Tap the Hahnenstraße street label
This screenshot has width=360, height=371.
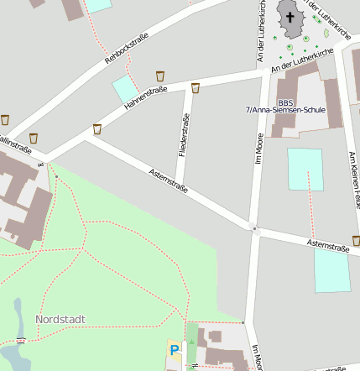(x=146, y=97)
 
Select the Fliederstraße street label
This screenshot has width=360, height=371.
(x=183, y=136)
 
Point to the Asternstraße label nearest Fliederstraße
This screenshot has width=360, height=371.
(x=167, y=180)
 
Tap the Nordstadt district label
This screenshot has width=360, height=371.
(x=60, y=319)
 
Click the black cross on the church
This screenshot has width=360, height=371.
(x=290, y=17)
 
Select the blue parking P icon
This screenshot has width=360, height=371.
(x=175, y=349)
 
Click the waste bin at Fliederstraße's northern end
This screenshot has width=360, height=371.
(x=196, y=88)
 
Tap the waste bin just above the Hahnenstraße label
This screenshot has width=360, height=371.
(x=160, y=76)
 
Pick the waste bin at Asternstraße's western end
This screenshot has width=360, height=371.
(x=97, y=129)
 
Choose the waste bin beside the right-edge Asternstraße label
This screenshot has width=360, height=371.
(x=356, y=241)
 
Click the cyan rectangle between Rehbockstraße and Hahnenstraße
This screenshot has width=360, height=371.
(x=126, y=88)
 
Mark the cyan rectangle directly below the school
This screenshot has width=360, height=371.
(x=305, y=169)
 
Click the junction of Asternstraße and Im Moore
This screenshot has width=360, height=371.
(x=254, y=227)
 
